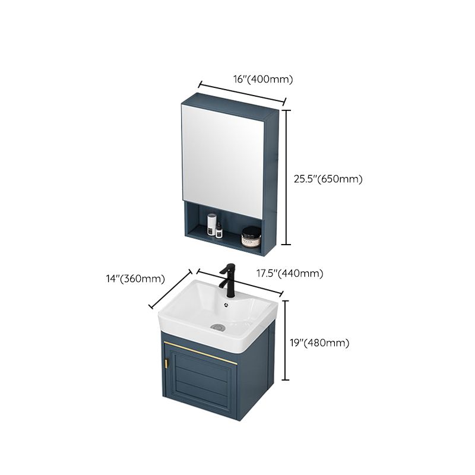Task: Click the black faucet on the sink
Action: (x=226, y=279)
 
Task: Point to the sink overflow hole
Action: (x=226, y=306)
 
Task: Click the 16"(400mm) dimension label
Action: (x=246, y=79)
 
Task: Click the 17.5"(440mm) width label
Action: (x=290, y=273)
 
